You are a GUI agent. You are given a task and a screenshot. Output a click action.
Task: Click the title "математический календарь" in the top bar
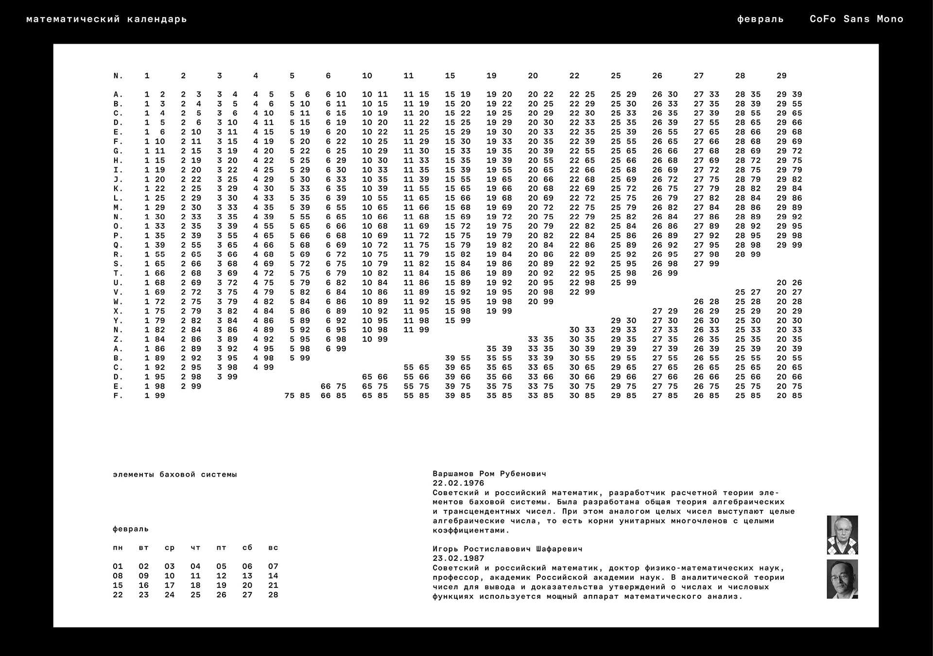tap(106, 19)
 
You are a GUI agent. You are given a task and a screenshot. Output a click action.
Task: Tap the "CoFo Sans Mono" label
tap(856, 19)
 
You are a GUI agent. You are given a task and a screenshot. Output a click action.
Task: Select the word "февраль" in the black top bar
tap(760, 19)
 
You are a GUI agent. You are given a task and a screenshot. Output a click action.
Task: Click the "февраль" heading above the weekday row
tap(130, 529)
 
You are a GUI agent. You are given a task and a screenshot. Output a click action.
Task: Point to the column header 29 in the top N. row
tap(781, 76)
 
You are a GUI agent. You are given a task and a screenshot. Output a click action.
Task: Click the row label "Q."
tap(118, 245)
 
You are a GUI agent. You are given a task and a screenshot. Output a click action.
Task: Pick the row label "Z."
tap(118, 339)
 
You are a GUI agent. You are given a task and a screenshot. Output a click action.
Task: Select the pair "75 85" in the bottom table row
tap(297, 396)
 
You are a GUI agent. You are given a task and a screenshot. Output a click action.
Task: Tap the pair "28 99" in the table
tap(747, 255)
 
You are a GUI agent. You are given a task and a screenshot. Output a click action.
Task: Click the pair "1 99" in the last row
tap(155, 396)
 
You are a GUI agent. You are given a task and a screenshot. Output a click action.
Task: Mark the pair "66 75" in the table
tap(333, 386)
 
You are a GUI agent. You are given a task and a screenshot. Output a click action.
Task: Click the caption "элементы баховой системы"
tap(175, 474)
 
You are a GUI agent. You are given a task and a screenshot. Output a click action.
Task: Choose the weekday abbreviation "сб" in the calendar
tap(247, 548)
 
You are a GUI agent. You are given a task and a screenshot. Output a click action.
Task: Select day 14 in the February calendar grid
tap(273, 576)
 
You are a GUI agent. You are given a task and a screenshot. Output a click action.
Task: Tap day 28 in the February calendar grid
tap(273, 595)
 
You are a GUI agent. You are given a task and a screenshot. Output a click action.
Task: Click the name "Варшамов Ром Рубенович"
tap(489, 473)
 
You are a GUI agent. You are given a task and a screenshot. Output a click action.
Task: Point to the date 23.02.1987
tap(458, 558)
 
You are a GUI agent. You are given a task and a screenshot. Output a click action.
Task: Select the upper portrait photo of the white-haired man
tap(842, 535)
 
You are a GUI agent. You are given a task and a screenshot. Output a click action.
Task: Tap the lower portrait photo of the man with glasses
tap(842, 579)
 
